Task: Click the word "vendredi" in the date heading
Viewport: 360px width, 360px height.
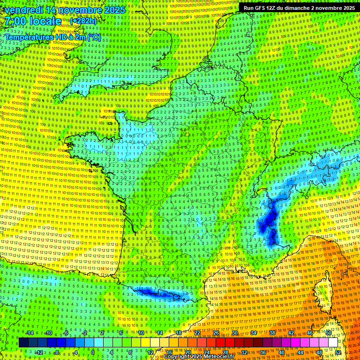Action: (23, 10)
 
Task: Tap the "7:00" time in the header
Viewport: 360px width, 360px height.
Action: (15, 21)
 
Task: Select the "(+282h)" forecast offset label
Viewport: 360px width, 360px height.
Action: (83, 21)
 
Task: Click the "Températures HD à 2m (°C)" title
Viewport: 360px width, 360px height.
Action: (53, 37)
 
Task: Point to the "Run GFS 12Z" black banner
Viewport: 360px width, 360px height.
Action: (299, 8)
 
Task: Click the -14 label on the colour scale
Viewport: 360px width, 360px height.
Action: (30, 333)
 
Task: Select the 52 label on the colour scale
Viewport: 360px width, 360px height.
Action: (338, 352)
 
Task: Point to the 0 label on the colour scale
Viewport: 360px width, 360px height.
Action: (93, 352)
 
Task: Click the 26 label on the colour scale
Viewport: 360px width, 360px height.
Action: (216, 333)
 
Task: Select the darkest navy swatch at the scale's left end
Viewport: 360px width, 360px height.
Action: (23, 343)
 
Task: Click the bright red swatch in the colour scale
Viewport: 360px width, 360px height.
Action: (221, 343)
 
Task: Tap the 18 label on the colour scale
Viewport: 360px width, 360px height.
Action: (178, 333)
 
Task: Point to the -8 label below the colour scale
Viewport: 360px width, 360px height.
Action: (56, 352)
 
